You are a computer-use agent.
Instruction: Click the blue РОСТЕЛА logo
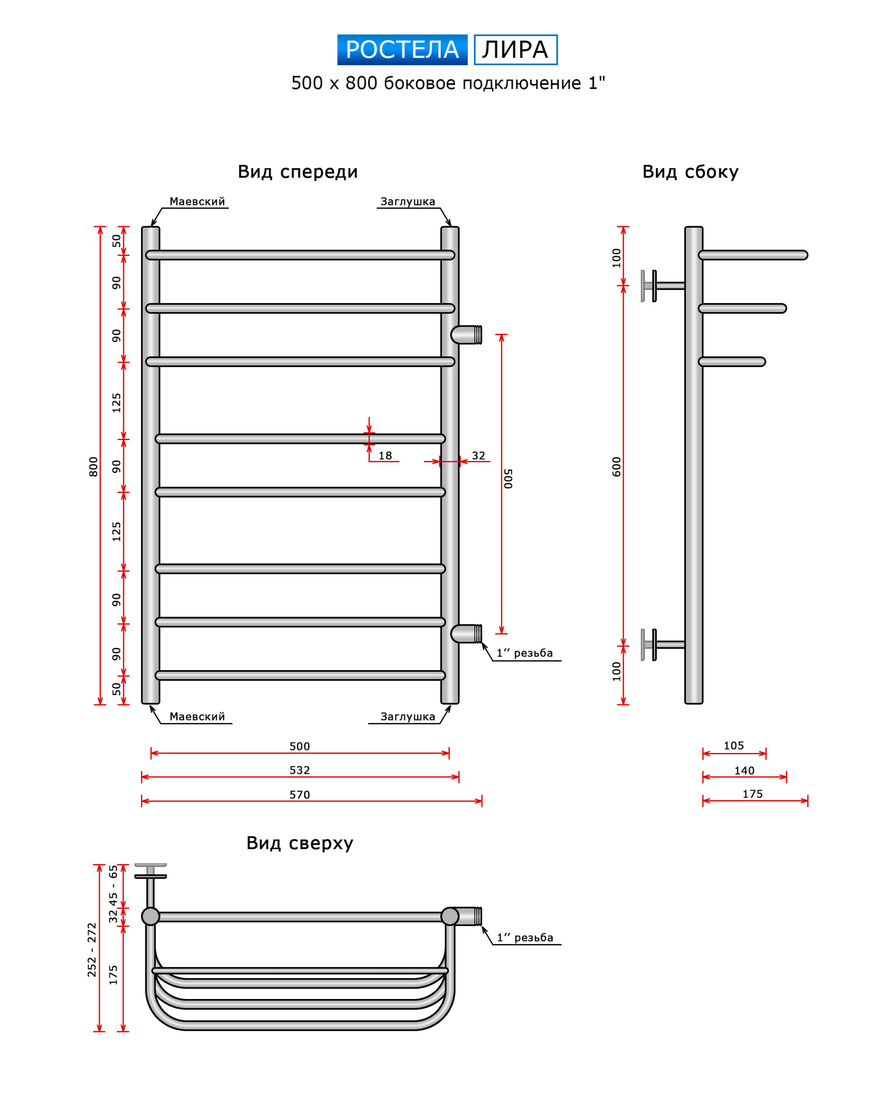click(402, 49)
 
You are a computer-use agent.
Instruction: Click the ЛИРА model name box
click(515, 49)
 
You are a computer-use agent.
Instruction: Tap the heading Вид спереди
click(298, 172)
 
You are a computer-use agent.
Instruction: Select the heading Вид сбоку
click(690, 172)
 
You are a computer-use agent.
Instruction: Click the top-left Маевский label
click(197, 202)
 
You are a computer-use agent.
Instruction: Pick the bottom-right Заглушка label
click(407, 717)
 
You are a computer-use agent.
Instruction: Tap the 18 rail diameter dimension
click(385, 455)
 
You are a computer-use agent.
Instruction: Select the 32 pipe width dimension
click(479, 455)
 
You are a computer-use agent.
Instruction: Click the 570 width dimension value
click(299, 795)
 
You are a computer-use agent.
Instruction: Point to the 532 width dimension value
click(299, 770)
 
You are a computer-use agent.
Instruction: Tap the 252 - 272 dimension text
click(92, 950)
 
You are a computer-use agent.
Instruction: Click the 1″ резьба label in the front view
click(525, 653)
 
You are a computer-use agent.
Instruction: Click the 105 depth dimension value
click(734, 745)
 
